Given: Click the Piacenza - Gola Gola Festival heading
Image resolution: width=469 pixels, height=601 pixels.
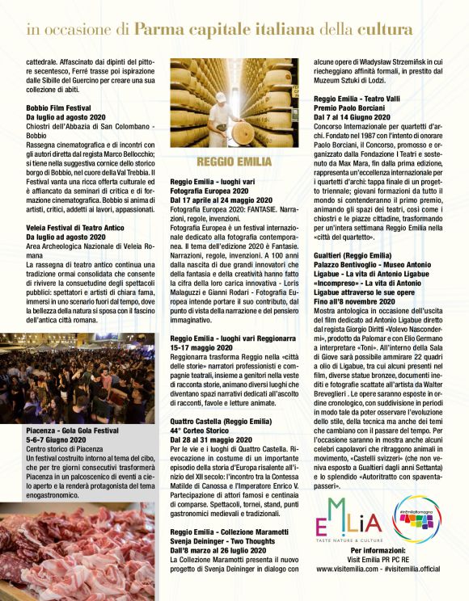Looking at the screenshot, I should coord(74,431).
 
